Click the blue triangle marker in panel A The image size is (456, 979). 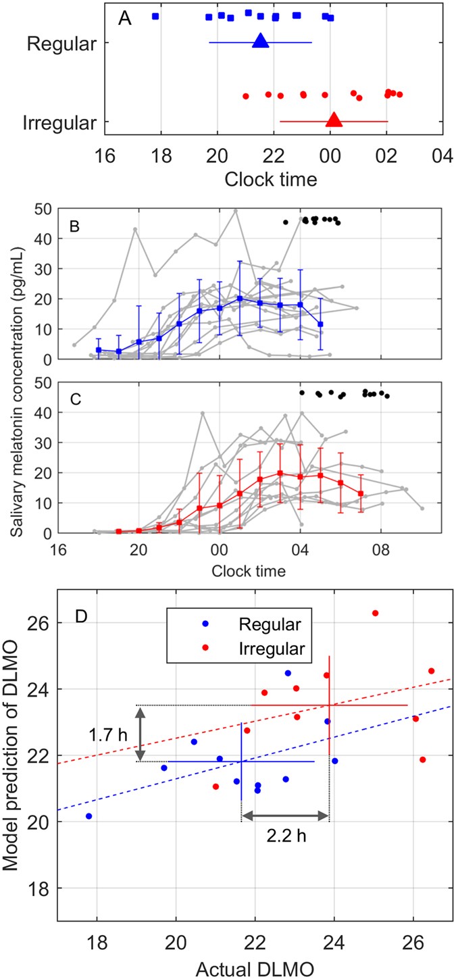(x=261, y=41)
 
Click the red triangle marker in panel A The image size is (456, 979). (x=334, y=120)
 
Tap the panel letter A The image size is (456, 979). (x=124, y=19)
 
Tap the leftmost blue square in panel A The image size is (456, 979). (x=155, y=16)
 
